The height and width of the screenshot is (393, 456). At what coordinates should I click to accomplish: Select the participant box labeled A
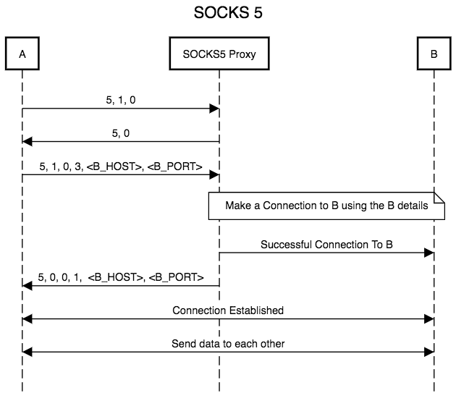point(22,54)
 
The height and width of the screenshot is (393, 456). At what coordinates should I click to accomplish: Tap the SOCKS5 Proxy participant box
point(219,54)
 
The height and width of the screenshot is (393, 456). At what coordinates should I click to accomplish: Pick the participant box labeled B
point(433,54)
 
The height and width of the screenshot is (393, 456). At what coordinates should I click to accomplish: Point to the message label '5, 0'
point(120,134)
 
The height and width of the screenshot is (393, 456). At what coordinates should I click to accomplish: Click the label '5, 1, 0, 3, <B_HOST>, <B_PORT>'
point(120,167)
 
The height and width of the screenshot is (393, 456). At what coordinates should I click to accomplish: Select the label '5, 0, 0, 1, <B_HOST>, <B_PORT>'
point(120,277)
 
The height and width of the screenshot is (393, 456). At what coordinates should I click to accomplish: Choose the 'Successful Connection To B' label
point(326,245)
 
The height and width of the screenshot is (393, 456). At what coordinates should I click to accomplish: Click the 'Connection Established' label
point(228,310)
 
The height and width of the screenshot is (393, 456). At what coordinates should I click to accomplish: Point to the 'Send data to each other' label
point(228,344)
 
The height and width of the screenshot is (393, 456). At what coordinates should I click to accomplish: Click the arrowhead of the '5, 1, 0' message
point(214,109)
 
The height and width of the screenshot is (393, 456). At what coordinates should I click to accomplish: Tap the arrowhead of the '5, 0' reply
point(28,142)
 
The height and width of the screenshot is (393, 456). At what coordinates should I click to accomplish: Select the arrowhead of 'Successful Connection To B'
point(428,253)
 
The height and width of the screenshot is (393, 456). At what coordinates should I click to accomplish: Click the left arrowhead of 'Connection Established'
point(28,318)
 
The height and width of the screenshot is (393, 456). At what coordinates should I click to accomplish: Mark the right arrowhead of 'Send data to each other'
point(428,352)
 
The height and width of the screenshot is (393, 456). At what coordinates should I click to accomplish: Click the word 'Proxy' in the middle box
point(242,54)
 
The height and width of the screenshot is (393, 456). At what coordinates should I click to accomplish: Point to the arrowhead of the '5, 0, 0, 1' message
point(28,285)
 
